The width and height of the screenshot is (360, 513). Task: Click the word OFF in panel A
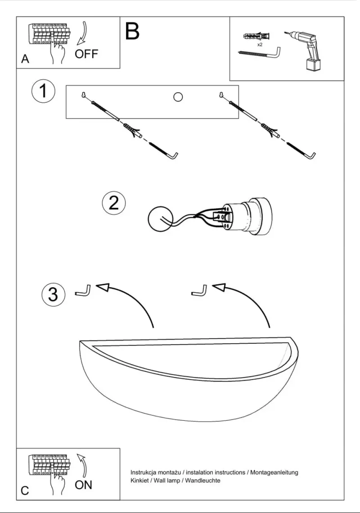pos(86,54)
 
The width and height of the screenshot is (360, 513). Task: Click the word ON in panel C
pos(83,485)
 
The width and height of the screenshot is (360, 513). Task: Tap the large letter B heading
pos(132,32)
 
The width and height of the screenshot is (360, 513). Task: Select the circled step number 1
pos(44,91)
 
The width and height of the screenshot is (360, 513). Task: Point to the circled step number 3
pos(53,294)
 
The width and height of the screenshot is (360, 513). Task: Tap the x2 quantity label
pos(260,45)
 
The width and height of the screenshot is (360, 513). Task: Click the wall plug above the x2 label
pos(258,36)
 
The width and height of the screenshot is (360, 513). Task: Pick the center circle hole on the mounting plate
pos(178,97)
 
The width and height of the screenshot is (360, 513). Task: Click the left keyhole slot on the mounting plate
pos(84,95)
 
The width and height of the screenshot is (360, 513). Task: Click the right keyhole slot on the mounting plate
pos(221,95)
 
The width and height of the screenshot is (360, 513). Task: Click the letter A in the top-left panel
pos(25,59)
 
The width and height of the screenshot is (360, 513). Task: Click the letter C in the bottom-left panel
pos(25,491)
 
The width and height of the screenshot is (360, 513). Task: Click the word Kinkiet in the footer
pos(139,481)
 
